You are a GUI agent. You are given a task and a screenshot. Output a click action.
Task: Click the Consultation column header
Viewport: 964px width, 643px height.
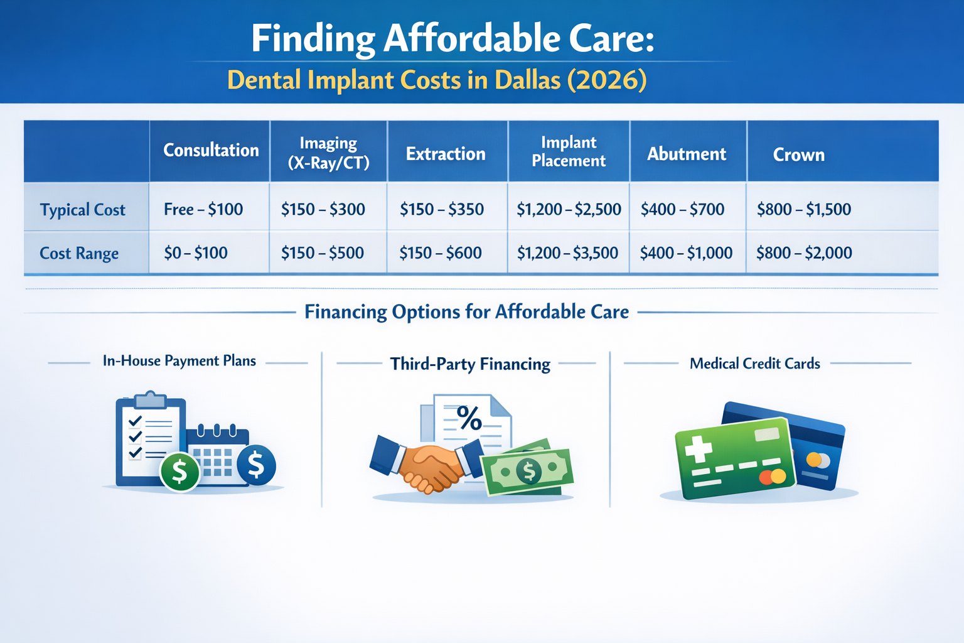(x=211, y=150)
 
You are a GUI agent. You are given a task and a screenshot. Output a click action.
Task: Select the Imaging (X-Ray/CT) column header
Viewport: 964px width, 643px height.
(x=328, y=153)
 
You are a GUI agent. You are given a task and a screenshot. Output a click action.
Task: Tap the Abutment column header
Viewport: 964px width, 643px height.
(x=687, y=154)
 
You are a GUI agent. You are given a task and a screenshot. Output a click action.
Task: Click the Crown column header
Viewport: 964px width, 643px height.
(x=798, y=154)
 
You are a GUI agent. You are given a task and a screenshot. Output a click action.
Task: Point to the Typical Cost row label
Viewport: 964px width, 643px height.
(x=83, y=210)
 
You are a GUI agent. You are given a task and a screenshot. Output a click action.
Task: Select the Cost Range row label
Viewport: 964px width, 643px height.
(x=79, y=253)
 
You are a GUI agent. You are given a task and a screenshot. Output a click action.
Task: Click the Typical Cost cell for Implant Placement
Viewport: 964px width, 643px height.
(x=569, y=209)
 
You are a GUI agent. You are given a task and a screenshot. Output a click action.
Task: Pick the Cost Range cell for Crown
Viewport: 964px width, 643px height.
(x=804, y=253)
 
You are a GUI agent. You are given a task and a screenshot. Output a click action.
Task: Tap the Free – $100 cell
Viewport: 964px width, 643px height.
(x=203, y=209)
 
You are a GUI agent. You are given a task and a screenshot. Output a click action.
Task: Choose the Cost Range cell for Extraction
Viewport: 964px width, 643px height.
(x=441, y=253)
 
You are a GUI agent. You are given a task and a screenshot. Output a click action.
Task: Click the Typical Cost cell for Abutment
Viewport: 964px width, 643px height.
(x=682, y=209)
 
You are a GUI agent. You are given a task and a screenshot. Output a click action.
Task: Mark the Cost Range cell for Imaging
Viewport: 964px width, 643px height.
(x=323, y=253)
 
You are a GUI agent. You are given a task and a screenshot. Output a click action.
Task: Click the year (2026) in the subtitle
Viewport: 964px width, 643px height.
(x=607, y=80)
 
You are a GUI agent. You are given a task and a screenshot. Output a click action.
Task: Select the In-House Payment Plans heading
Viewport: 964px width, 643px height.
(x=179, y=361)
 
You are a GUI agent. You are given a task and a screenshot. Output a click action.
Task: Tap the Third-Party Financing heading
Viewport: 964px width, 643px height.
(x=470, y=364)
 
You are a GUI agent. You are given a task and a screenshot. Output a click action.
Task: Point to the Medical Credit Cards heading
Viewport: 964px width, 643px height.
(x=754, y=364)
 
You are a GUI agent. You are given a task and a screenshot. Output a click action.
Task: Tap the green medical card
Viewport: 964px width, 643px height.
(x=734, y=459)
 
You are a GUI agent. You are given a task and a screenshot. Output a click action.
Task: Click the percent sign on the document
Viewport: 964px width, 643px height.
(x=469, y=418)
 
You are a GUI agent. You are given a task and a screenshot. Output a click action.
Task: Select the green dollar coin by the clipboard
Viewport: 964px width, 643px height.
(x=179, y=472)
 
